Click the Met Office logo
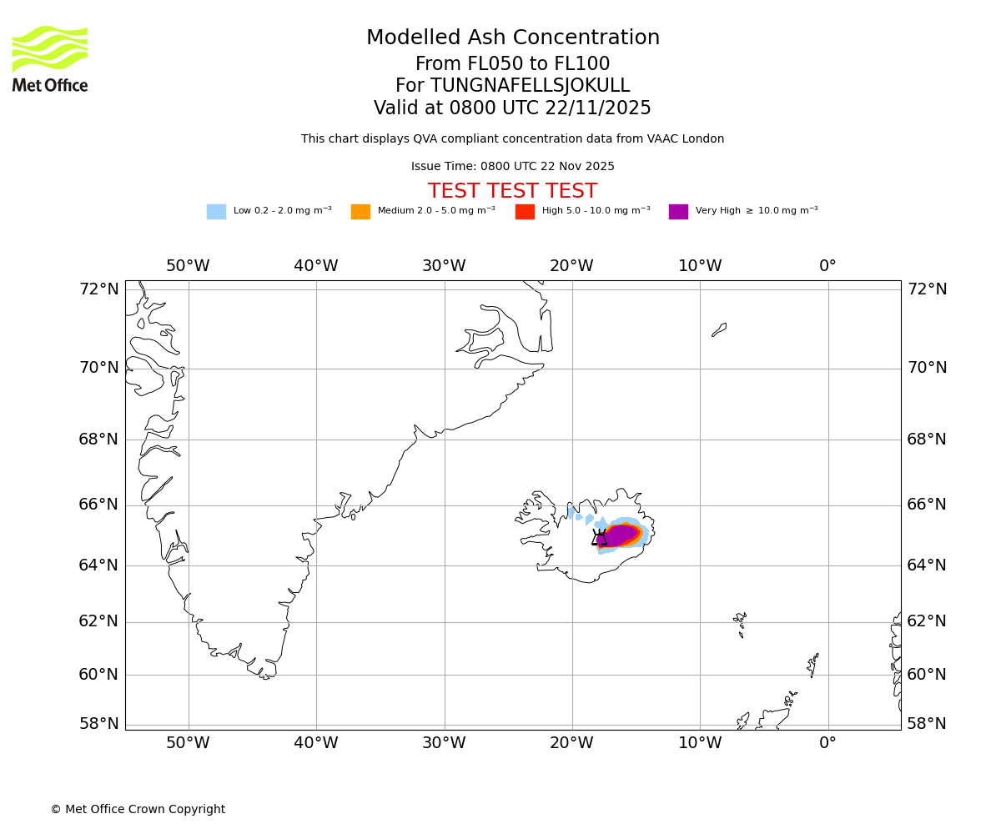click(x=50, y=58)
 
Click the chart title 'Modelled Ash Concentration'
click(x=513, y=38)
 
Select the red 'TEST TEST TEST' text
click(x=512, y=191)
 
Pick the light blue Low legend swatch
click(x=216, y=212)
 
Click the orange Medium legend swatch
click(x=360, y=212)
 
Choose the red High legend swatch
click(x=525, y=212)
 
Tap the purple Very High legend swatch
click(x=678, y=212)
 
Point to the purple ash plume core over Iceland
click(x=619, y=535)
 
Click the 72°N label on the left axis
click(x=99, y=289)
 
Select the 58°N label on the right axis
click(x=927, y=724)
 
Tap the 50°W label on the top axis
click(x=188, y=266)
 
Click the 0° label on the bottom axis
click(x=827, y=744)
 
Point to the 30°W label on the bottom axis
click(x=444, y=744)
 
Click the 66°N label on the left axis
click(x=99, y=505)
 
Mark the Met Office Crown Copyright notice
click(x=138, y=810)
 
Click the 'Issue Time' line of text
click(x=512, y=167)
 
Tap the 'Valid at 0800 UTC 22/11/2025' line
click(x=512, y=108)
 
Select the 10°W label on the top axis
click(x=700, y=266)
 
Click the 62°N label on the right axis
click(x=927, y=621)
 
